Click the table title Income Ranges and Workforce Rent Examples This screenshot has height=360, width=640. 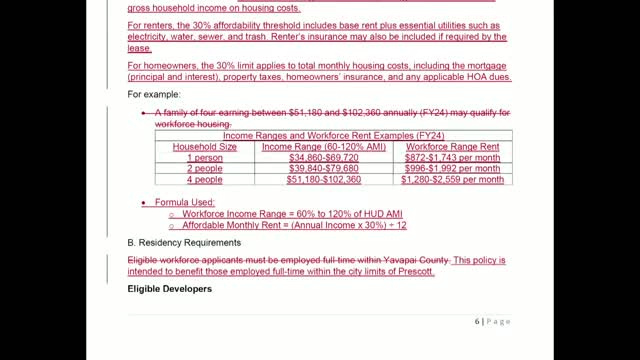pyautogui.click(x=333, y=135)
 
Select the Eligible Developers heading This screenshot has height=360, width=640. pyautogui.click(x=170, y=289)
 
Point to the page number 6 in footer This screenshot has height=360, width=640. pyautogui.click(x=478, y=321)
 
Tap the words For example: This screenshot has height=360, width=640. pyautogui.click(x=156, y=94)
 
